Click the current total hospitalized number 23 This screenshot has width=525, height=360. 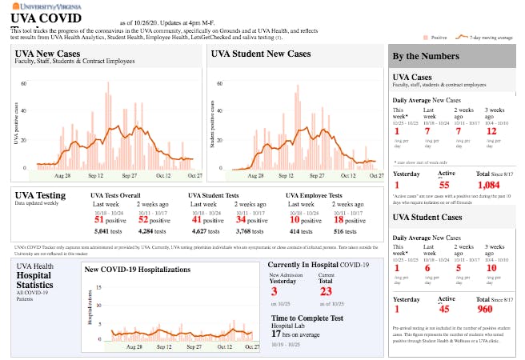[326, 292]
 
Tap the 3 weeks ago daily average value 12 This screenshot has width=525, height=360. [491, 131]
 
